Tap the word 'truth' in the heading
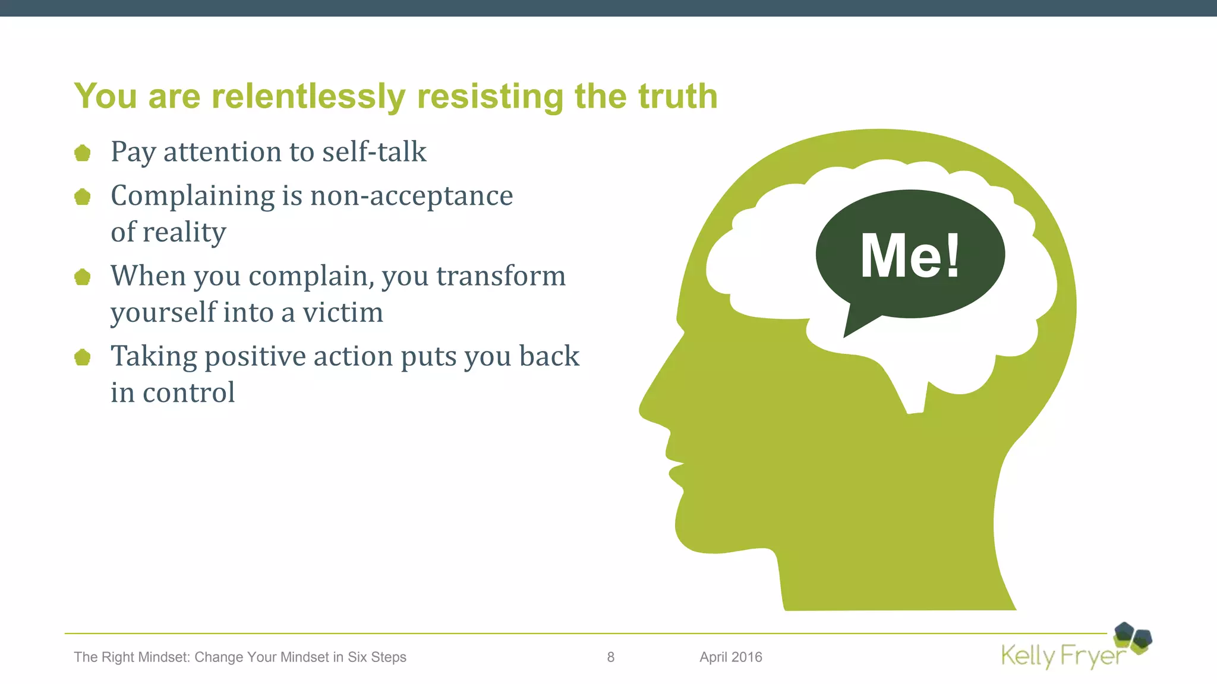677,96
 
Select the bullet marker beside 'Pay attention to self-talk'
83,153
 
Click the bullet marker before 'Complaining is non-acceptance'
83,197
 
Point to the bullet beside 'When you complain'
83,277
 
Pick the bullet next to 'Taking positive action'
83,357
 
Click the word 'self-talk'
374,152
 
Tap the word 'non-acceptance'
411,196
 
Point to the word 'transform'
501,276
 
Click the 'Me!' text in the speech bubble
910,255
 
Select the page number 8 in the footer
611,657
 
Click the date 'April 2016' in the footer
731,657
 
